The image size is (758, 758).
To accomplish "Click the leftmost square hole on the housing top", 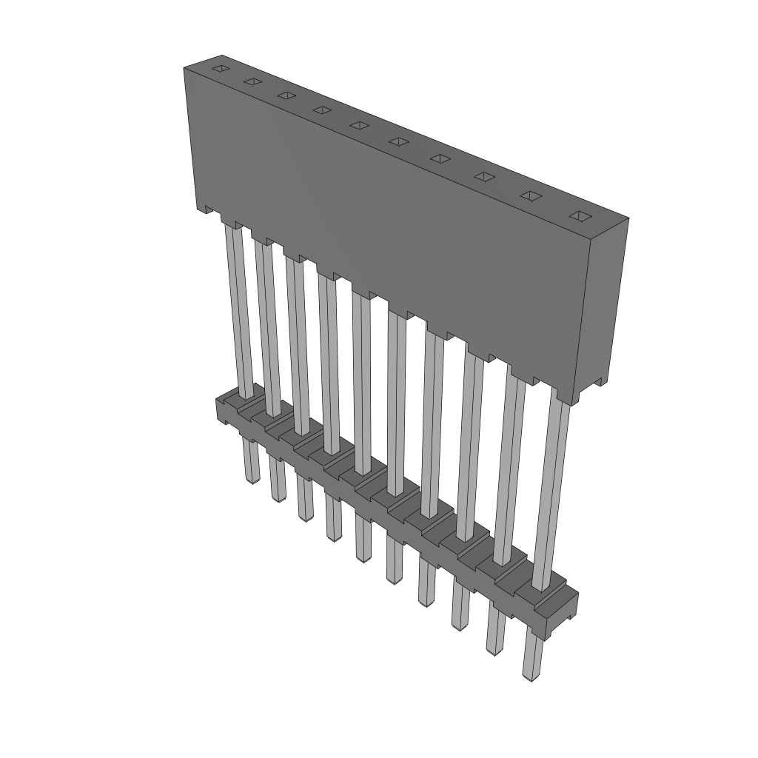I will (x=218, y=69).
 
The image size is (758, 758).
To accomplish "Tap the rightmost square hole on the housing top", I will (x=579, y=215).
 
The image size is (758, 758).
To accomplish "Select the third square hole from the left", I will (x=285, y=95).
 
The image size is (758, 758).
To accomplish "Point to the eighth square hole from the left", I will (x=484, y=176).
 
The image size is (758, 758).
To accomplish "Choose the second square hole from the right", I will (x=531, y=195).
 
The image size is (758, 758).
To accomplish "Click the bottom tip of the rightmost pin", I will (x=530, y=676).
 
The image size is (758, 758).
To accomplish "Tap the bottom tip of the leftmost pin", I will (x=252, y=479).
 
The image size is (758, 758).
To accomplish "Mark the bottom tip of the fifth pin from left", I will (x=363, y=557).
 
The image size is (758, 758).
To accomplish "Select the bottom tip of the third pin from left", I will (x=303, y=516).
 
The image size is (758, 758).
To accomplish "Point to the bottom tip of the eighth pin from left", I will (x=459, y=625).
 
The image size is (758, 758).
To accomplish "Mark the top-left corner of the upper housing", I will (x=184, y=68).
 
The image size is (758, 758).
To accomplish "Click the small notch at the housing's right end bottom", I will (x=598, y=385).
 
